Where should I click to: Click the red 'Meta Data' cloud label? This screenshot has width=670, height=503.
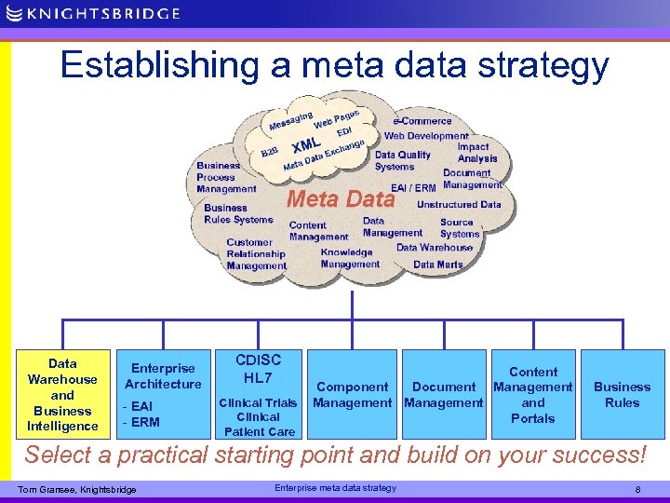point(341,198)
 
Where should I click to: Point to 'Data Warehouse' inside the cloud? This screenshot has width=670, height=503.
point(435,248)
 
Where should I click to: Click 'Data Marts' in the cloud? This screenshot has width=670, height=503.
point(437,265)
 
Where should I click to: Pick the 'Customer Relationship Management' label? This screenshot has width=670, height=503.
point(256,253)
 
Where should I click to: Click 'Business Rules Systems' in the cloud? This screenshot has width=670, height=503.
point(238,214)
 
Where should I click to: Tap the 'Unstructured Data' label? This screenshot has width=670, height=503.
point(459,204)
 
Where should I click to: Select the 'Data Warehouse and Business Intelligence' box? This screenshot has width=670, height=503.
point(62,394)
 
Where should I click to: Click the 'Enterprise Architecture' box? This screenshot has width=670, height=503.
point(163,394)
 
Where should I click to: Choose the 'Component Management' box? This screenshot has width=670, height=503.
point(352,394)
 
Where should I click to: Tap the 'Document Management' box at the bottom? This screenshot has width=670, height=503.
point(444,394)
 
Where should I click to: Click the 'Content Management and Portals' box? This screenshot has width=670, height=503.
point(532,394)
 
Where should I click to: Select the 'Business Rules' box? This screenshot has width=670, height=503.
point(622,394)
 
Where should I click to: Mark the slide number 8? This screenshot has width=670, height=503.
point(636,488)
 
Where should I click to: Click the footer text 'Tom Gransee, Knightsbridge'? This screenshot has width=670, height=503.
point(77,490)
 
